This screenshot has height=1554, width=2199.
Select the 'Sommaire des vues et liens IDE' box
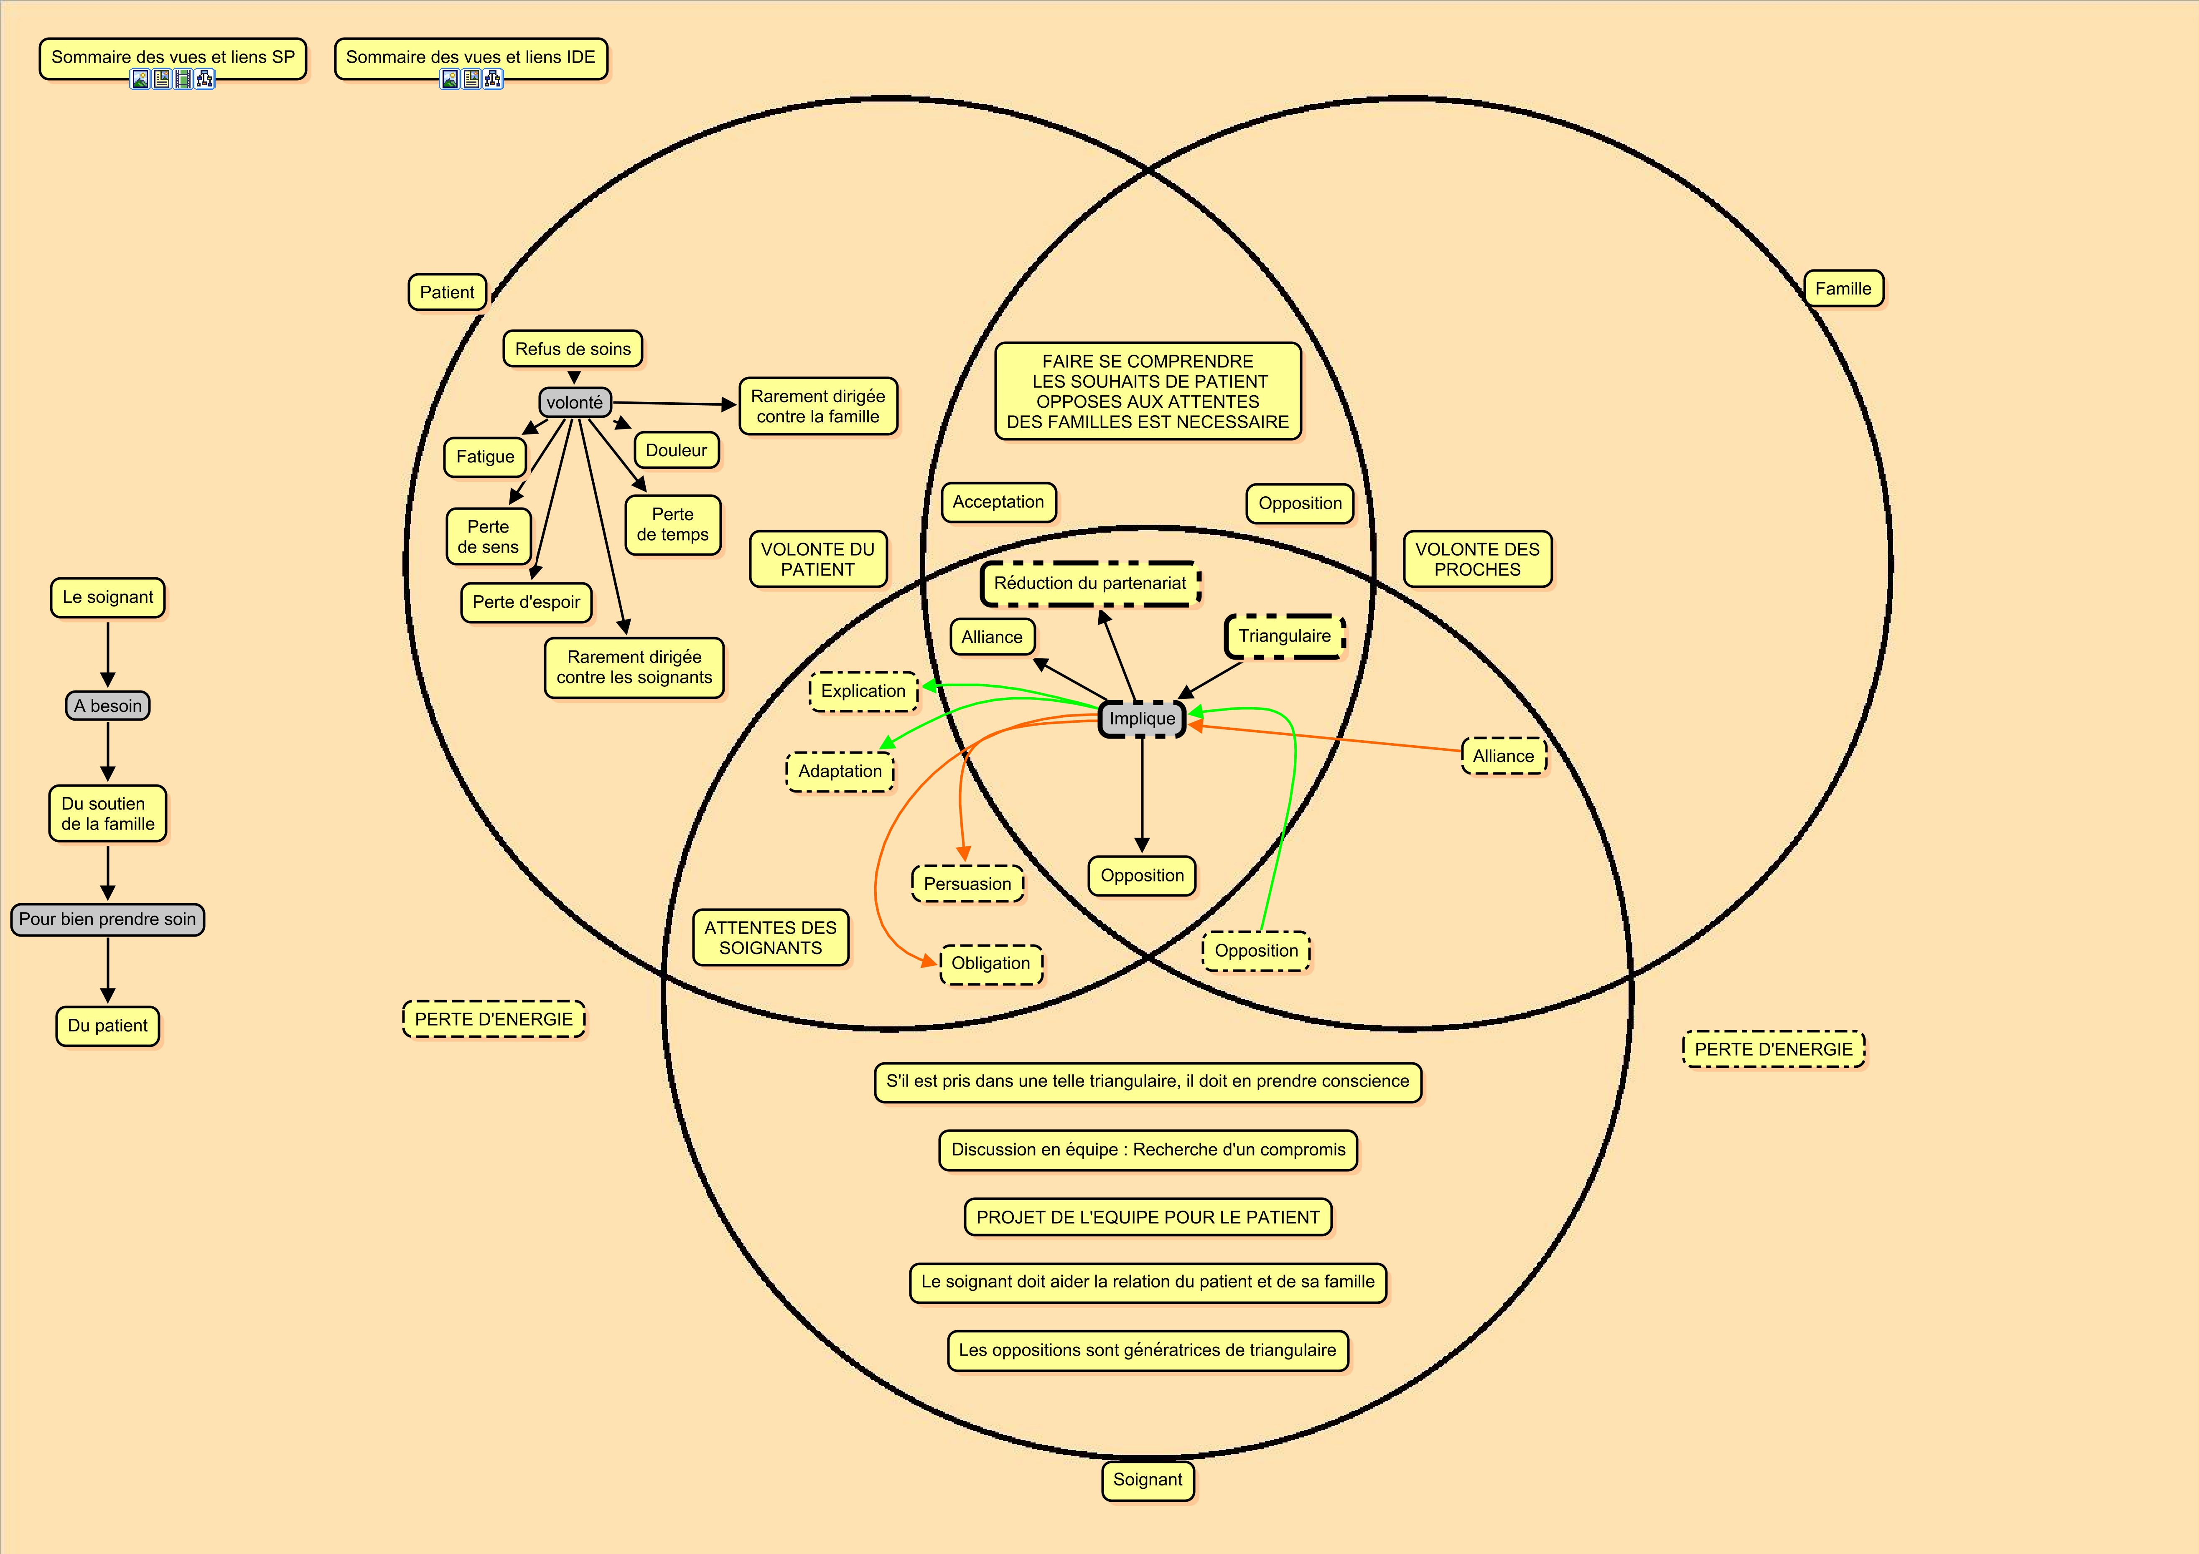(470, 58)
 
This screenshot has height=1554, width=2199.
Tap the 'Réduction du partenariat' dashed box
(1090, 583)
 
